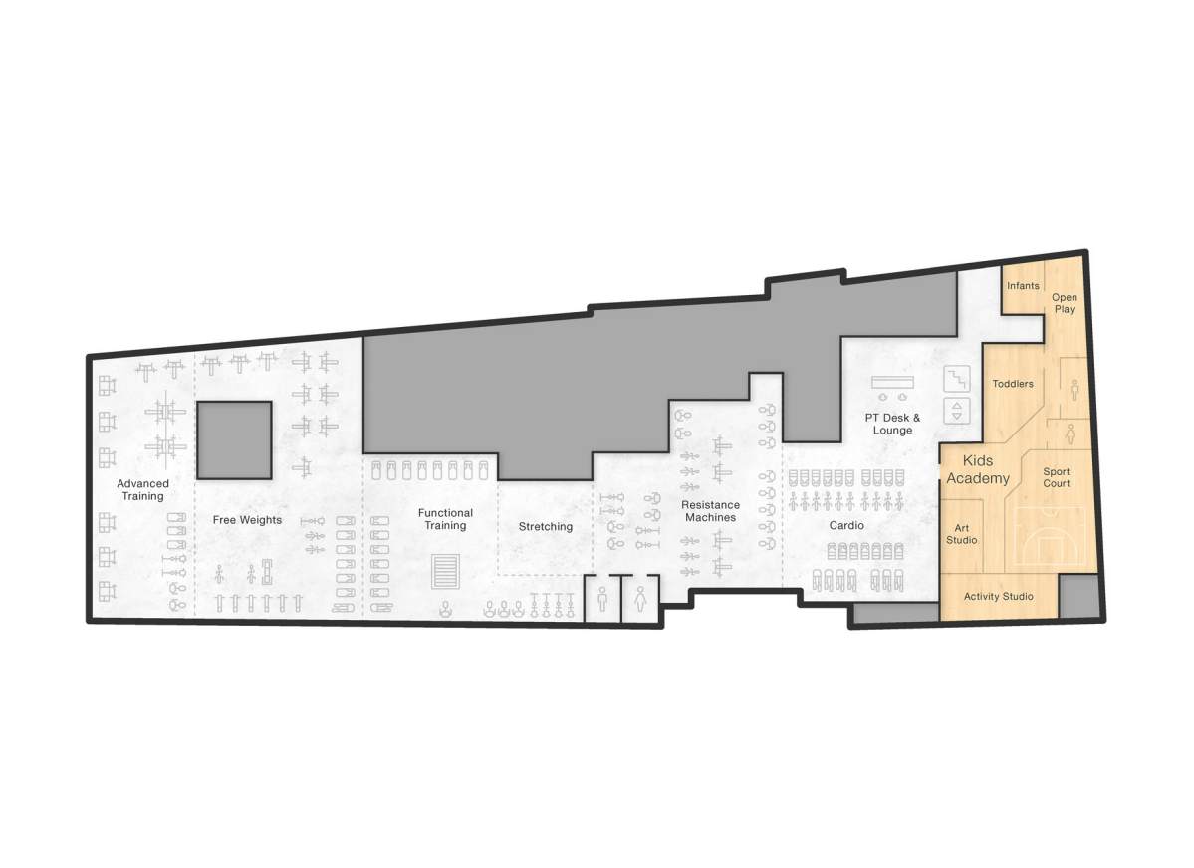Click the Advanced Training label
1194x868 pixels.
point(142,489)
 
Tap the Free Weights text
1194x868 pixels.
point(247,520)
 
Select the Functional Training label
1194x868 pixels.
point(445,519)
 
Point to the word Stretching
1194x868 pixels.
point(545,526)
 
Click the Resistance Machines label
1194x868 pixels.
point(710,511)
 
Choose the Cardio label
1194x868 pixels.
point(846,525)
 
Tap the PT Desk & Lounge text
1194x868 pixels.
point(892,424)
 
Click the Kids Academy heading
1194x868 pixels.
point(977,470)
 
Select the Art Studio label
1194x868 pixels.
point(961,534)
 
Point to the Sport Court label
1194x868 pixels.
point(1056,477)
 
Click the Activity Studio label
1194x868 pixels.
point(999,597)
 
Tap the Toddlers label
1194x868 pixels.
point(1013,384)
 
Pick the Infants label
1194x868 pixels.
point(1023,286)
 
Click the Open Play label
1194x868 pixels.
point(1065,303)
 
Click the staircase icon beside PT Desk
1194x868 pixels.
point(957,379)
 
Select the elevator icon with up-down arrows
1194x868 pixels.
point(957,411)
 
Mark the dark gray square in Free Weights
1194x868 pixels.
point(233,439)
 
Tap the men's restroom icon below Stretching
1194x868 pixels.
point(602,600)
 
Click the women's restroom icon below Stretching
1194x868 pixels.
point(639,600)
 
